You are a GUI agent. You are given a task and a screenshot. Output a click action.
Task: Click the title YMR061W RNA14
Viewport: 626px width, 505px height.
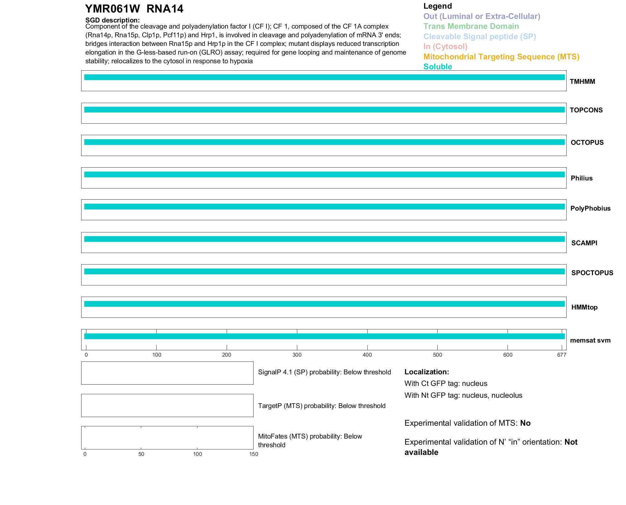[134, 9]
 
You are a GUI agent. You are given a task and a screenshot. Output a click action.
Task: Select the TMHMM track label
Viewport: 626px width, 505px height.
[582, 82]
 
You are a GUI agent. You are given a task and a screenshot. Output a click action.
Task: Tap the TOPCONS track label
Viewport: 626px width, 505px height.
[586, 110]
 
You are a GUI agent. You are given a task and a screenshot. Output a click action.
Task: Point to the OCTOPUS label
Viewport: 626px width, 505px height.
[587, 143]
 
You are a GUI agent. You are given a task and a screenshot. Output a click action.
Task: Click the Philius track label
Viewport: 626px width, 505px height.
[581, 178]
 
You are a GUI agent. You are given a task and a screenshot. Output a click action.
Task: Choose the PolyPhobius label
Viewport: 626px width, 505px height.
[590, 208]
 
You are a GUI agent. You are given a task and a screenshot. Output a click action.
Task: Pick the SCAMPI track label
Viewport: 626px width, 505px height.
[584, 243]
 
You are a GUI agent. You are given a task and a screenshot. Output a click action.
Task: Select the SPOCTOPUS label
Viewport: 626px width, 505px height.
[592, 273]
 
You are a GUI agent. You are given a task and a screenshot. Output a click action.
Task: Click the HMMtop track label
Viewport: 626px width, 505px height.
[584, 307]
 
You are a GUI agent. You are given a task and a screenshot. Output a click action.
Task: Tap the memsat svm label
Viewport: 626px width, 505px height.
[590, 340]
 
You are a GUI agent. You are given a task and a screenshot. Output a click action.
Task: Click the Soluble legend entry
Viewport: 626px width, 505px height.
[438, 67]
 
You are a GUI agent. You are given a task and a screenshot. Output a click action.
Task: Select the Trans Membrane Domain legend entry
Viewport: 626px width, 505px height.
[471, 26]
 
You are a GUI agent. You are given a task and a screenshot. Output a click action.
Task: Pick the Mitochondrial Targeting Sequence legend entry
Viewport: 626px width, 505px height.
[501, 57]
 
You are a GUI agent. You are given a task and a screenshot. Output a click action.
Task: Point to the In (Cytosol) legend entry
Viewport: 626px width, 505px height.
[445, 47]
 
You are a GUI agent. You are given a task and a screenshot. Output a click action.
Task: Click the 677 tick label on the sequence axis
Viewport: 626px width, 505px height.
[561, 355]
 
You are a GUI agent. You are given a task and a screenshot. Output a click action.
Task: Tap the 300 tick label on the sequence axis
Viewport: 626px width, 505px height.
[297, 355]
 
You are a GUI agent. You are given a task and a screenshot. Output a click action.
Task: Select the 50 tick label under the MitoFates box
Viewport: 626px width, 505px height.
[141, 454]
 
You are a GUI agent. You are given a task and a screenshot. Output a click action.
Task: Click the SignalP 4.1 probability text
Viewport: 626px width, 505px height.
[324, 372]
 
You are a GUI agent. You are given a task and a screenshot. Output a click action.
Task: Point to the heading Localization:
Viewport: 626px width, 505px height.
[427, 372]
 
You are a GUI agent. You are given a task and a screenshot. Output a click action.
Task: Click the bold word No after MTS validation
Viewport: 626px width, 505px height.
[525, 423]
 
